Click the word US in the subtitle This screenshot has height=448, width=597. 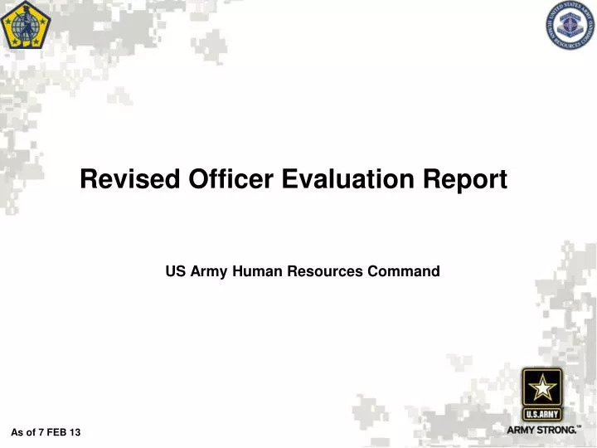(x=175, y=270)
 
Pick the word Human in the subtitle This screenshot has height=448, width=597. (x=254, y=270)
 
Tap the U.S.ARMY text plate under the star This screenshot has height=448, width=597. (x=542, y=413)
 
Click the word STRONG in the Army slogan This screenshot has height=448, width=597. (x=556, y=430)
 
